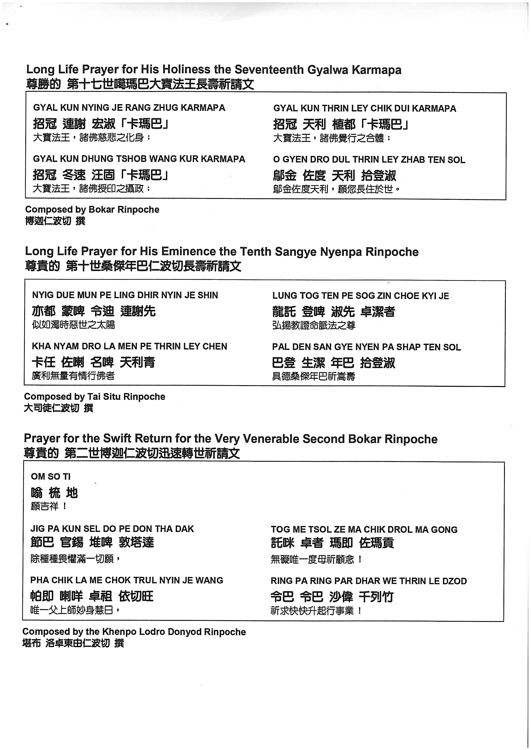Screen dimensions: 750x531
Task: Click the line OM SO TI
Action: point(51,477)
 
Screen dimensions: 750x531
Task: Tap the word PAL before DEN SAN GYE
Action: point(280,347)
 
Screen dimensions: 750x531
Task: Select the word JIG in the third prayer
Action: point(37,529)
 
